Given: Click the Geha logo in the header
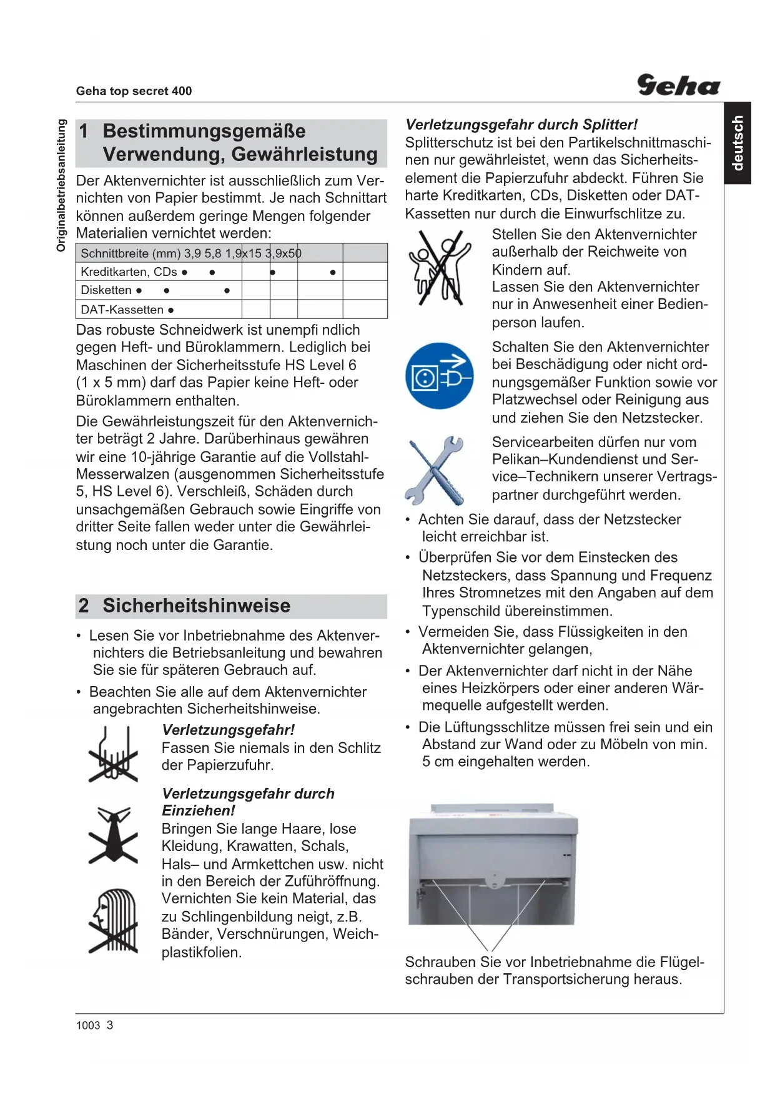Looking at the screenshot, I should point(678,85).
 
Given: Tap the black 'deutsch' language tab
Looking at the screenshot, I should point(738,143).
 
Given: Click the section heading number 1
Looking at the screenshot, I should point(84,131).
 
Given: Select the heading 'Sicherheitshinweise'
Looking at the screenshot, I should point(196,606).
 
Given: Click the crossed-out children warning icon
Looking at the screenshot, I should point(439,267).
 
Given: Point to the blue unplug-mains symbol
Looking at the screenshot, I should point(439,376).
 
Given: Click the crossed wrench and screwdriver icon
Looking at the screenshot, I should point(435,470).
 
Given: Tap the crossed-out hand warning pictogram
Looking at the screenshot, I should point(113,754).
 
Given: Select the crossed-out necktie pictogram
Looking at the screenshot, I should point(113,835).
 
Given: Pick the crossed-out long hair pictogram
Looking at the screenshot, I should point(113,921).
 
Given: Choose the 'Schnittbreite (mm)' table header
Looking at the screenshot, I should point(131,253).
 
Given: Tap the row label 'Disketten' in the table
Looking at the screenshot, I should point(106,290).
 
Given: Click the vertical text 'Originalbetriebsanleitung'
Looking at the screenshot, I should point(61,185).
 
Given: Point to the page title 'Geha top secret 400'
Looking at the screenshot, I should point(134,91).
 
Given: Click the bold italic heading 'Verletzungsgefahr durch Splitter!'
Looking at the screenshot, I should point(521,125).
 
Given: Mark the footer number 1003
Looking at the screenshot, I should point(88,1025).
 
